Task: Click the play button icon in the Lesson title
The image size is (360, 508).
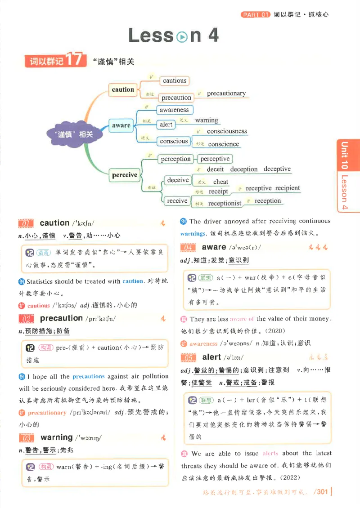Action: point(182,37)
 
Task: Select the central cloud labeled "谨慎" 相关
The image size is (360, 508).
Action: point(70,134)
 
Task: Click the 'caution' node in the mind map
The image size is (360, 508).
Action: point(123,89)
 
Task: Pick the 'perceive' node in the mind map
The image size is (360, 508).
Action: point(125,175)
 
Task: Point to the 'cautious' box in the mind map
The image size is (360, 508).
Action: point(175,81)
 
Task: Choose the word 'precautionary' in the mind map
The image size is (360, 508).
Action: point(226,94)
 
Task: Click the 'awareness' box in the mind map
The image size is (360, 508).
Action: point(174,110)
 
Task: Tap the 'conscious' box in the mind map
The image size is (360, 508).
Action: point(174,141)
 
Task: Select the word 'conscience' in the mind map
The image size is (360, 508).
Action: point(224,144)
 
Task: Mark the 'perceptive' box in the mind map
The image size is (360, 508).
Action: point(215,159)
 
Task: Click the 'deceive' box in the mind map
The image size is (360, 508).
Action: point(178,180)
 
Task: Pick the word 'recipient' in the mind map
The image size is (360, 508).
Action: point(287,188)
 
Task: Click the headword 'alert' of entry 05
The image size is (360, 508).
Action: point(211,357)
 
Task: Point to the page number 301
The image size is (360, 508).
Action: point(322,491)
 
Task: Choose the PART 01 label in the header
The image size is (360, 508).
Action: point(255,14)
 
